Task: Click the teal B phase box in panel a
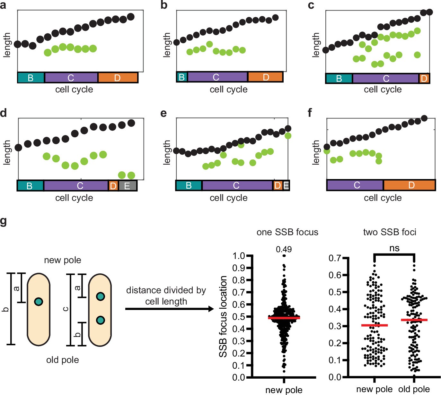click(31, 78)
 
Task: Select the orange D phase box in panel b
click(265, 77)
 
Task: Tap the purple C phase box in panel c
click(386, 78)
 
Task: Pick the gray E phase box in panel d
click(128, 186)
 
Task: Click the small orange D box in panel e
click(277, 185)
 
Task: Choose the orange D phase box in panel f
click(409, 185)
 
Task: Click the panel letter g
click(4, 221)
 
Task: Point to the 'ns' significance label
click(394, 248)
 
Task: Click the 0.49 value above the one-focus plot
click(284, 249)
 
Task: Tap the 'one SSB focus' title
click(287, 232)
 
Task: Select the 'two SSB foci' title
click(390, 232)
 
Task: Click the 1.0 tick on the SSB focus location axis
click(240, 256)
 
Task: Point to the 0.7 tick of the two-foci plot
click(335, 258)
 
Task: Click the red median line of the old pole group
click(414, 320)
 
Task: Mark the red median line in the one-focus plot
click(284, 318)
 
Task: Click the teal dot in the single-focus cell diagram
click(39, 302)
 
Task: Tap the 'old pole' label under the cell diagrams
click(62, 360)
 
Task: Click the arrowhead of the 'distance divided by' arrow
click(211, 309)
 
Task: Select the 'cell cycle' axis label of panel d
click(74, 198)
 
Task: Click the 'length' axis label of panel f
click(316, 152)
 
